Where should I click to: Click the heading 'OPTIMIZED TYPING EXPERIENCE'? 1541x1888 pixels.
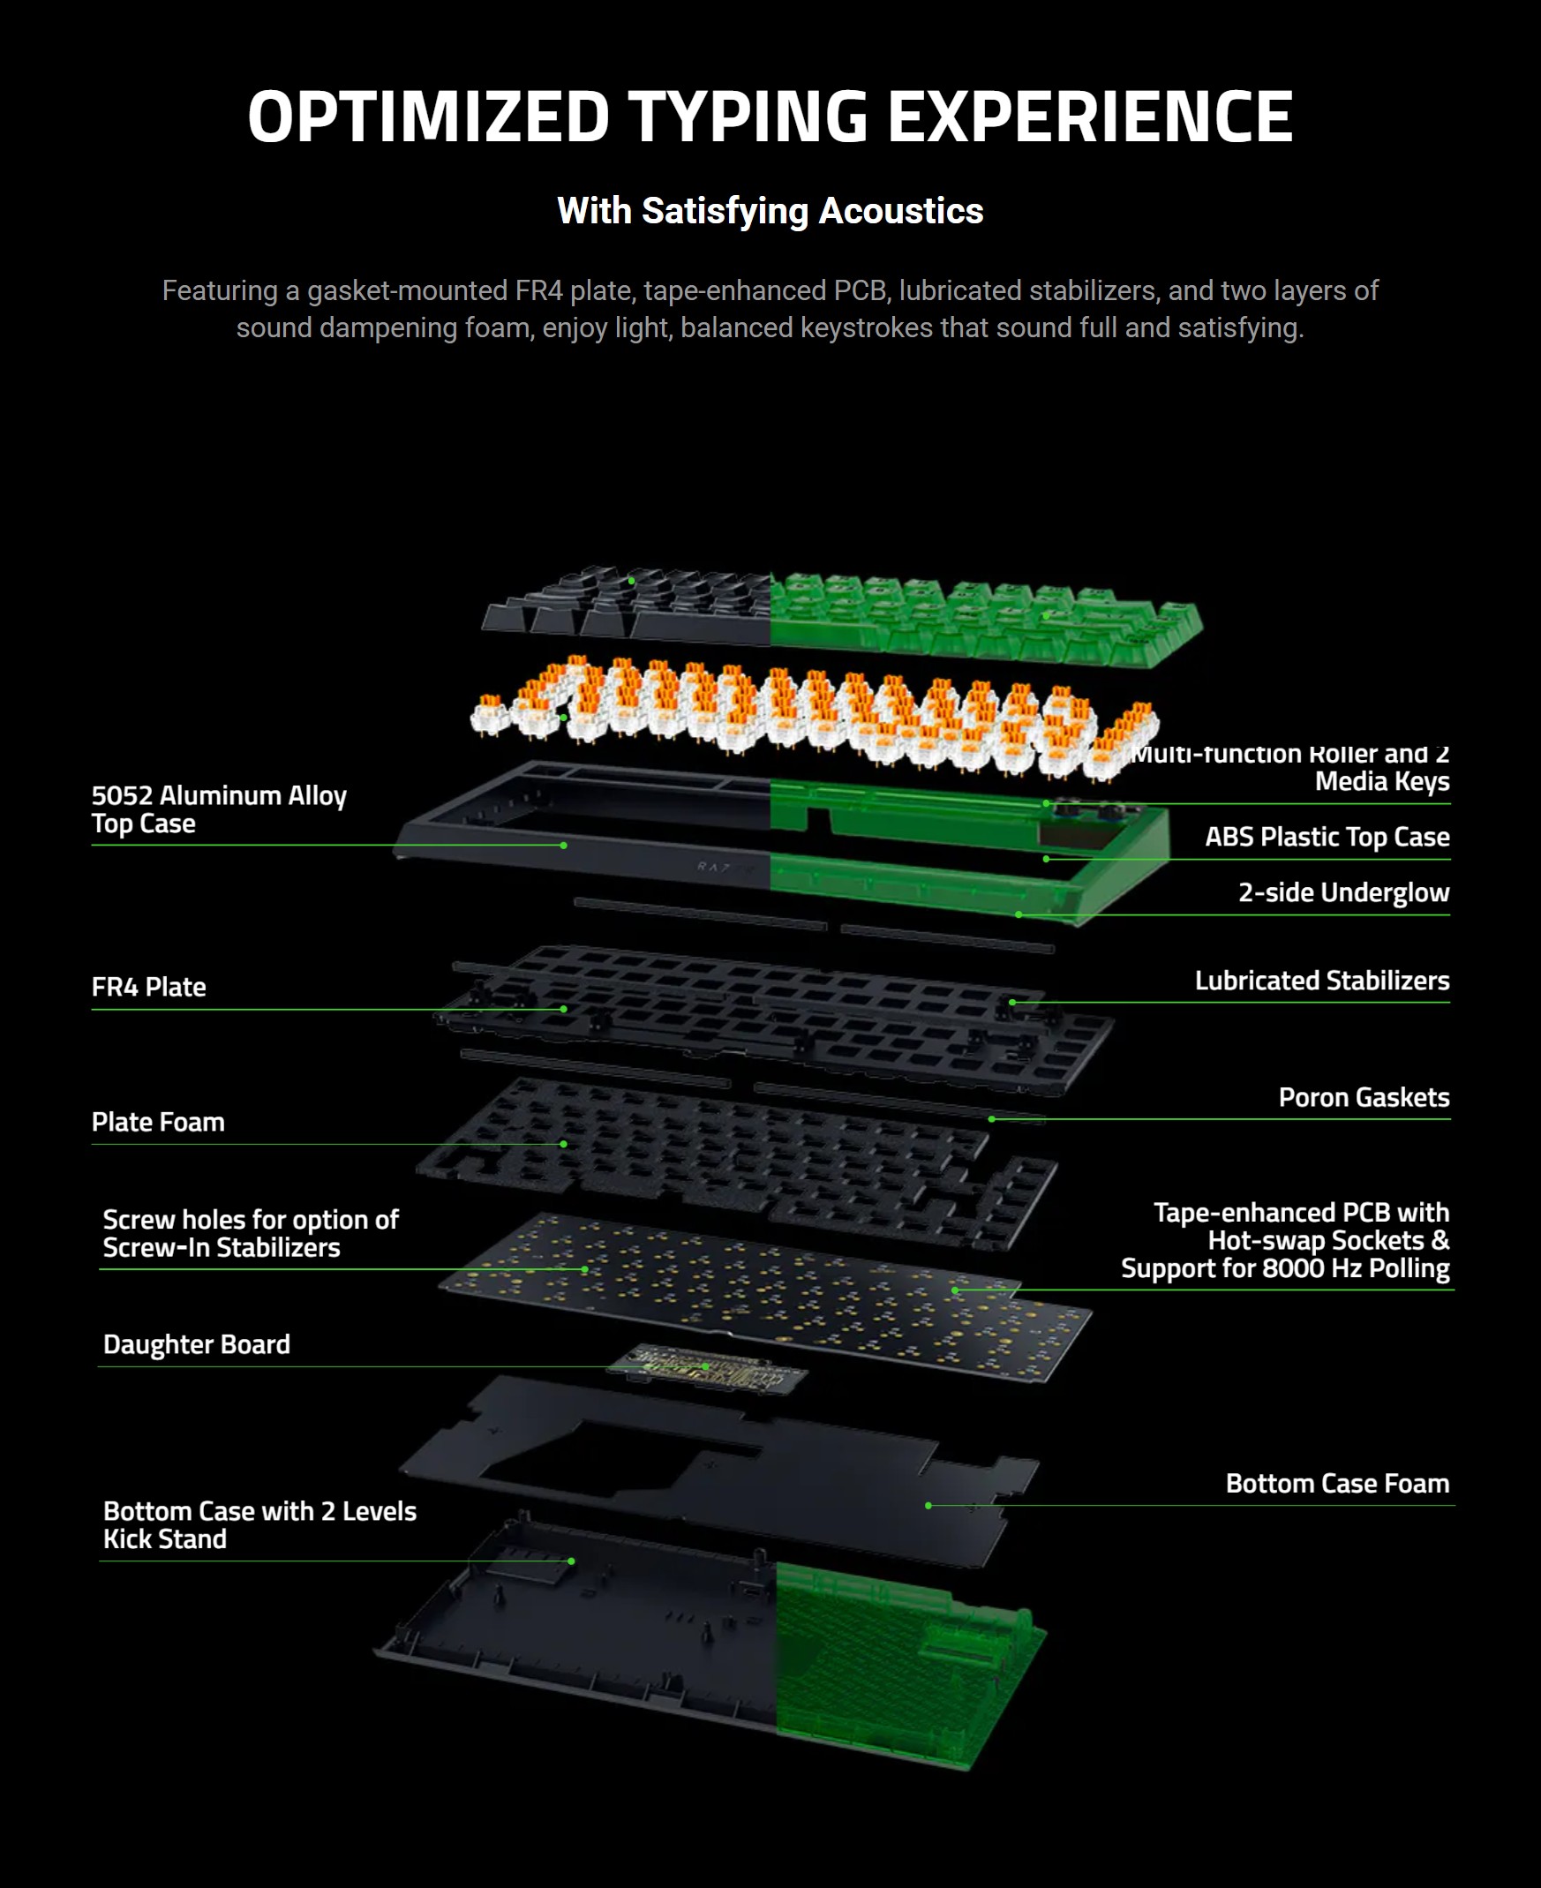click(x=770, y=117)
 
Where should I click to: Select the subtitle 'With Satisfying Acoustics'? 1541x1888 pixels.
click(x=770, y=211)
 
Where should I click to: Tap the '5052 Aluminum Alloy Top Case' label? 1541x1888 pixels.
click(x=218, y=809)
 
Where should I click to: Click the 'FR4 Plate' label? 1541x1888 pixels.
click(x=148, y=986)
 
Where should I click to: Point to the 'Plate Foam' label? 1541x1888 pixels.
click(x=158, y=1122)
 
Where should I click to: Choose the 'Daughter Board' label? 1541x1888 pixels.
click(x=196, y=1344)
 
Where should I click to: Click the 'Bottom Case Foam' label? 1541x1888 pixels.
click(x=1337, y=1483)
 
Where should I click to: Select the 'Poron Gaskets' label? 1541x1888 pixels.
click(x=1364, y=1097)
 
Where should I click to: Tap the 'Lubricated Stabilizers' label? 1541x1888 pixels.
click(x=1322, y=980)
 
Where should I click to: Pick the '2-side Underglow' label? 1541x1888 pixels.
click(x=1344, y=892)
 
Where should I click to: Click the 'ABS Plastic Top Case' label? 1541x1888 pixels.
click(x=1327, y=836)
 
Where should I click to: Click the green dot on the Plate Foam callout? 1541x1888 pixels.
click(x=564, y=1144)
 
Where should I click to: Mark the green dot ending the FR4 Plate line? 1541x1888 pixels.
click(x=564, y=1009)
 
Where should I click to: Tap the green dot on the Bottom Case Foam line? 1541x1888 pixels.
click(x=928, y=1506)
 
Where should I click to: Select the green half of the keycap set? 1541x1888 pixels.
click(x=976, y=617)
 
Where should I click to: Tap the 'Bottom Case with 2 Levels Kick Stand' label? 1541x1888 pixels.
click(x=259, y=1524)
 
